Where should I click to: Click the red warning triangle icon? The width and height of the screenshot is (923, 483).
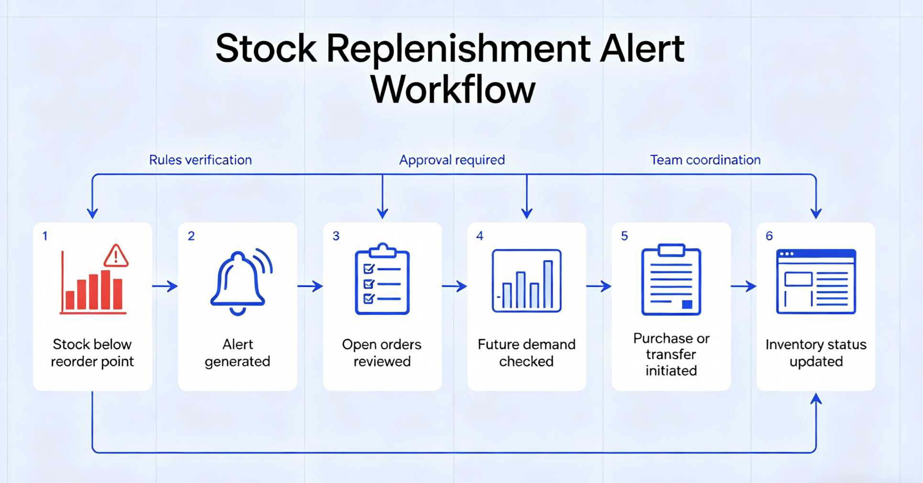116,256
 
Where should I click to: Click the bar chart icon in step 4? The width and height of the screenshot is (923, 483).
527,281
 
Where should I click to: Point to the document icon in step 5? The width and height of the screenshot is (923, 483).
671,280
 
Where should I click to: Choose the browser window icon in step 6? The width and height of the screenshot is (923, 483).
816,282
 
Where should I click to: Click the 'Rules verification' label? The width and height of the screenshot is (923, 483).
200,160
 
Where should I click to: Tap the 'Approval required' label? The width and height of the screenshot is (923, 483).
452,160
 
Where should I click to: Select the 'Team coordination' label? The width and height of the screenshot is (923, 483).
705,160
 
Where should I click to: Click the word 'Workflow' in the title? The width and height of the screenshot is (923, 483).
452,89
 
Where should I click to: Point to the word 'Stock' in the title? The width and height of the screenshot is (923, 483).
266,48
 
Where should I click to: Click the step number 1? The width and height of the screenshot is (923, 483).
45,236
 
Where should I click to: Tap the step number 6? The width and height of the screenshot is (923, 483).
769,236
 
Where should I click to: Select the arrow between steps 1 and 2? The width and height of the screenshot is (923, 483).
165,286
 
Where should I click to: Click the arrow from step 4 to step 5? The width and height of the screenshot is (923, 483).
599,286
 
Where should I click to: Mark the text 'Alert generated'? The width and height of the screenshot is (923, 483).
238,353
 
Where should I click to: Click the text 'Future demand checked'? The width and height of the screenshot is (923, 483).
527,353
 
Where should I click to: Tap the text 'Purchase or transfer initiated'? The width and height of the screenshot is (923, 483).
671,354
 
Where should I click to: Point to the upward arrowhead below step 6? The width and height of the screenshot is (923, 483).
816,399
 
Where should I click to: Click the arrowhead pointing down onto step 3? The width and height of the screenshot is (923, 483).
382,213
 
